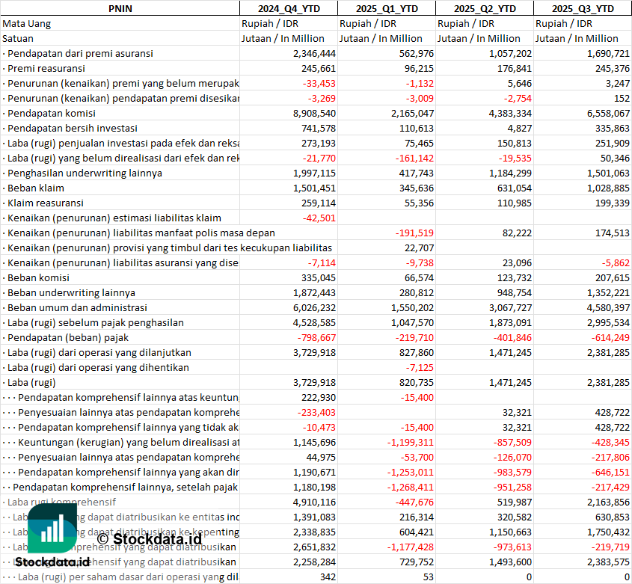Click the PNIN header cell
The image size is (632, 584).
pos(120,8)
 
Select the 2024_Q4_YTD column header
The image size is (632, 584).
pos(288,8)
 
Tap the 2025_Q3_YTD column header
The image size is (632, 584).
pos(583,8)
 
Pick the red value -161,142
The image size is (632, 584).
pos(413,158)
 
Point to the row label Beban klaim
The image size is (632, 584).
pos(36,188)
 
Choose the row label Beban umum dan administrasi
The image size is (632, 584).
pos(77,307)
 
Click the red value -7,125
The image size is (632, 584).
pos(420,367)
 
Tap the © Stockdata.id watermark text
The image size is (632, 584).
pos(149,538)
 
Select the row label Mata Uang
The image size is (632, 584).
pos(27,23)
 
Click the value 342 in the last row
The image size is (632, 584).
pos(328,577)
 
